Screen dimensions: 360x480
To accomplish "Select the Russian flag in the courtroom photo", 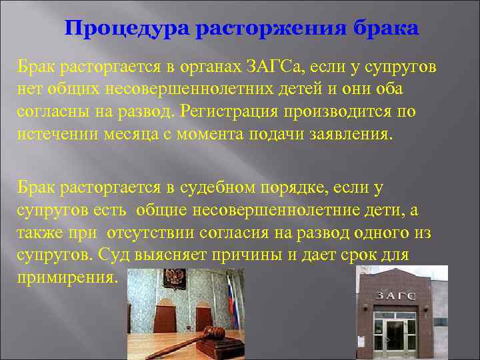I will (x=230, y=297).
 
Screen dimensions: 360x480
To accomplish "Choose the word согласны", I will (x=51, y=111).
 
